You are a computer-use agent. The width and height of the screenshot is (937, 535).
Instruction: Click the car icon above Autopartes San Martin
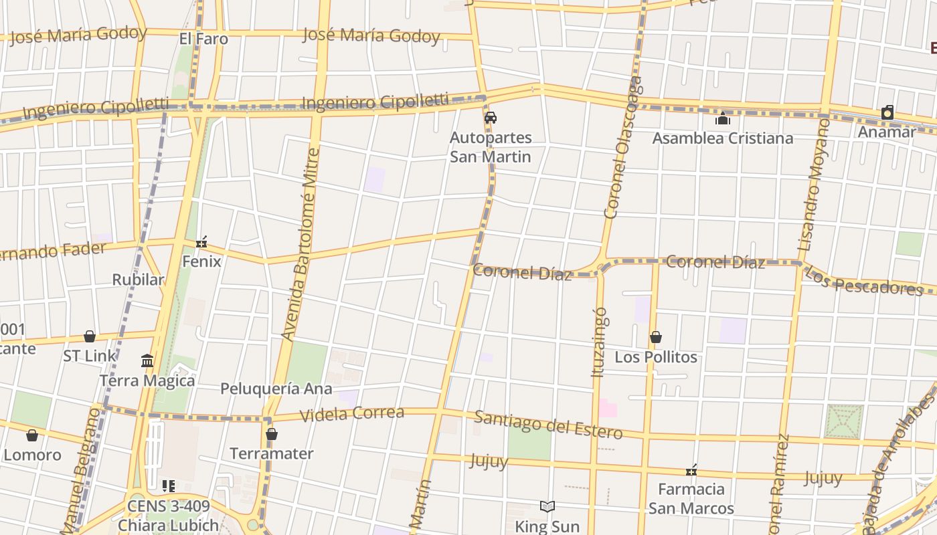491,118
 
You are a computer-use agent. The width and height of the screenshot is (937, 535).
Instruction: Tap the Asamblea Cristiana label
722,138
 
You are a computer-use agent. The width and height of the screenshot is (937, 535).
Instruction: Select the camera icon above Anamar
887,112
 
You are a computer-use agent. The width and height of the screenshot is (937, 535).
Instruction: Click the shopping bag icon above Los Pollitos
656,337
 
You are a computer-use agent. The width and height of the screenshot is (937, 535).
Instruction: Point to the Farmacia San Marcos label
691,499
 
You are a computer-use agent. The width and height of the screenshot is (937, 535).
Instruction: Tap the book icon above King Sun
547,507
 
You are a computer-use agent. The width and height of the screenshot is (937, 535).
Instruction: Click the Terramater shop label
271,453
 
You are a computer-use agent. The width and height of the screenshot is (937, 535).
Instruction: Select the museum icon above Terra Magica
147,362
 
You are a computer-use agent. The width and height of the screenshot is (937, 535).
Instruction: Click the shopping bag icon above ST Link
90,336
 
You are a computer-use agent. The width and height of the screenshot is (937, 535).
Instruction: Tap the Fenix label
201,261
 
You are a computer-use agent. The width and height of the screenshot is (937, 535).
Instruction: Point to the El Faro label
203,39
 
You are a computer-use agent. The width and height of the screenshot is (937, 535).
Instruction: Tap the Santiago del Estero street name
548,425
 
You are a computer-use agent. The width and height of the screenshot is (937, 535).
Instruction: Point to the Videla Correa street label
351,414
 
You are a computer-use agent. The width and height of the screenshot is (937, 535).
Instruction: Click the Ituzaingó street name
600,341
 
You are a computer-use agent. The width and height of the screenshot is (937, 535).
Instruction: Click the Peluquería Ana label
276,389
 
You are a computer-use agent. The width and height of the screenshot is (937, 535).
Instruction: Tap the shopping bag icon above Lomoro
32,436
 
